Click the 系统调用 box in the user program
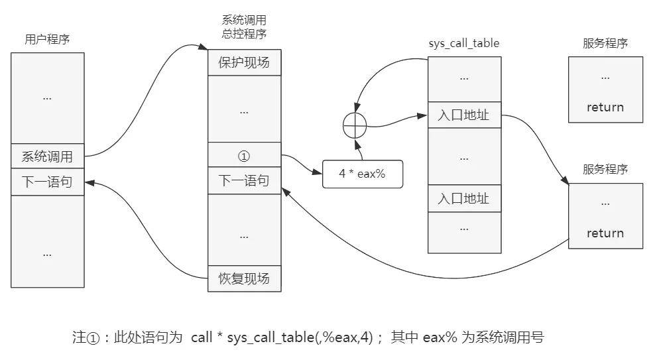pyautogui.click(x=47, y=156)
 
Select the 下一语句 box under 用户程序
pyautogui.click(x=47, y=182)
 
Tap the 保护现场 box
pyautogui.click(x=244, y=63)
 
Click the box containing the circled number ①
pyautogui.click(x=244, y=156)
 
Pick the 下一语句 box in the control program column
pyautogui.click(x=244, y=181)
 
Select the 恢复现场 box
pyautogui.click(x=244, y=278)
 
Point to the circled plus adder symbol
pyautogui.click(x=355, y=125)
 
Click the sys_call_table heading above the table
pyautogui.click(x=464, y=44)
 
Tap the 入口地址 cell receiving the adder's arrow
pyautogui.click(x=463, y=115)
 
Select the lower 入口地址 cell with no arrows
pyautogui.click(x=463, y=198)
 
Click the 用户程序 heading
pyautogui.click(x=42, y=39)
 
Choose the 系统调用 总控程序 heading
pyautogui.click(x=244, y=27)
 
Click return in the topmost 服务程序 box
pyautogui.click(x=605, y=107)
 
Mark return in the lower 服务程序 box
pyautogui.click(x=605, y=233)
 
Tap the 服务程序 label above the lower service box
pyautogui.click(x=605, y=169)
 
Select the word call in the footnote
pyautogui.click(x=202, y=337)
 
